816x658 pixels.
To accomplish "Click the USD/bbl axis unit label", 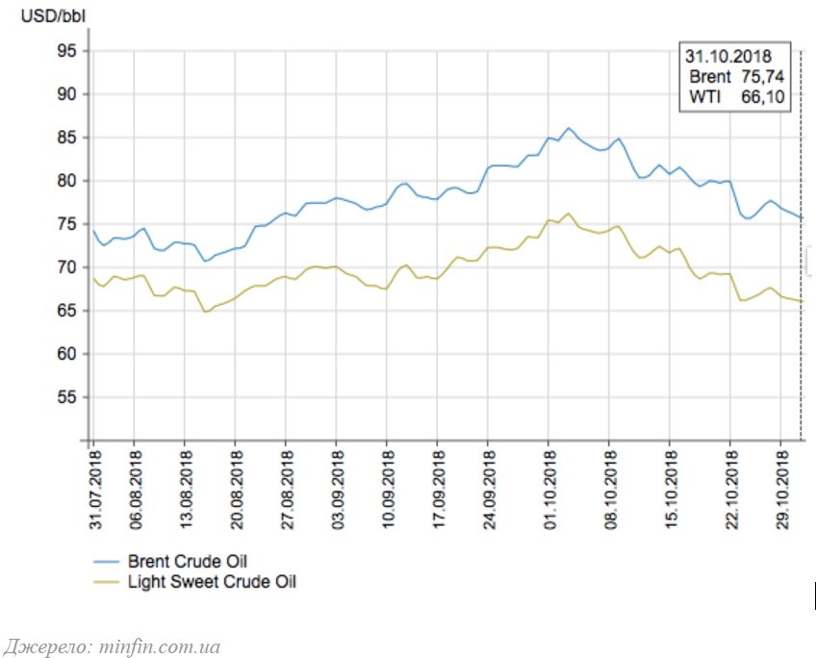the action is [53, 16].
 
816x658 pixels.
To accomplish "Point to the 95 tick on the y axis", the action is [66, 51].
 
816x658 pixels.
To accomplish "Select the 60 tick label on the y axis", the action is [66, 354].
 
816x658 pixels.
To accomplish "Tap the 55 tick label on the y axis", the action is [66, 397].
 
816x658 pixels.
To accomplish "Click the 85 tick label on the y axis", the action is [66, 138].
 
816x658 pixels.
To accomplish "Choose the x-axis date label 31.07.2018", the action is [95, 490].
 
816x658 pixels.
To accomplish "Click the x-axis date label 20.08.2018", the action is [237, 490].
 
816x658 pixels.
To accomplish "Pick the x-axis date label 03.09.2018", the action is [338, 490].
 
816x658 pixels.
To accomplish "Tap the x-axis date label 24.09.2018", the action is [489, 490].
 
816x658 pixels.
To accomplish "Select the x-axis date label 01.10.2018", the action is [550, 490].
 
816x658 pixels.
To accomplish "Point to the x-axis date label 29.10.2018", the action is [782, 490].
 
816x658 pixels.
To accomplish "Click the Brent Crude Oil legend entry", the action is [170, 562].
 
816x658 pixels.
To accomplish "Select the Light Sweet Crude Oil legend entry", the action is [194, 582].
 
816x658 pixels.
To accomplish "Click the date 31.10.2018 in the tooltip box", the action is [728, 56].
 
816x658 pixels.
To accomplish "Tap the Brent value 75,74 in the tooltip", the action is [762, 76].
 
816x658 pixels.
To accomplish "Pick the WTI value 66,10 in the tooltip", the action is [762, 96].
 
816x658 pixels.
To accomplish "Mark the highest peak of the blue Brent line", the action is [569, 128].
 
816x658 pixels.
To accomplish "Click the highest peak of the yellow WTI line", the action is [569, 214].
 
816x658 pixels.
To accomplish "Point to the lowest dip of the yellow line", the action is [205, 312].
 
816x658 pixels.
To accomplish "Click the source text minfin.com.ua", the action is [159, 646].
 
